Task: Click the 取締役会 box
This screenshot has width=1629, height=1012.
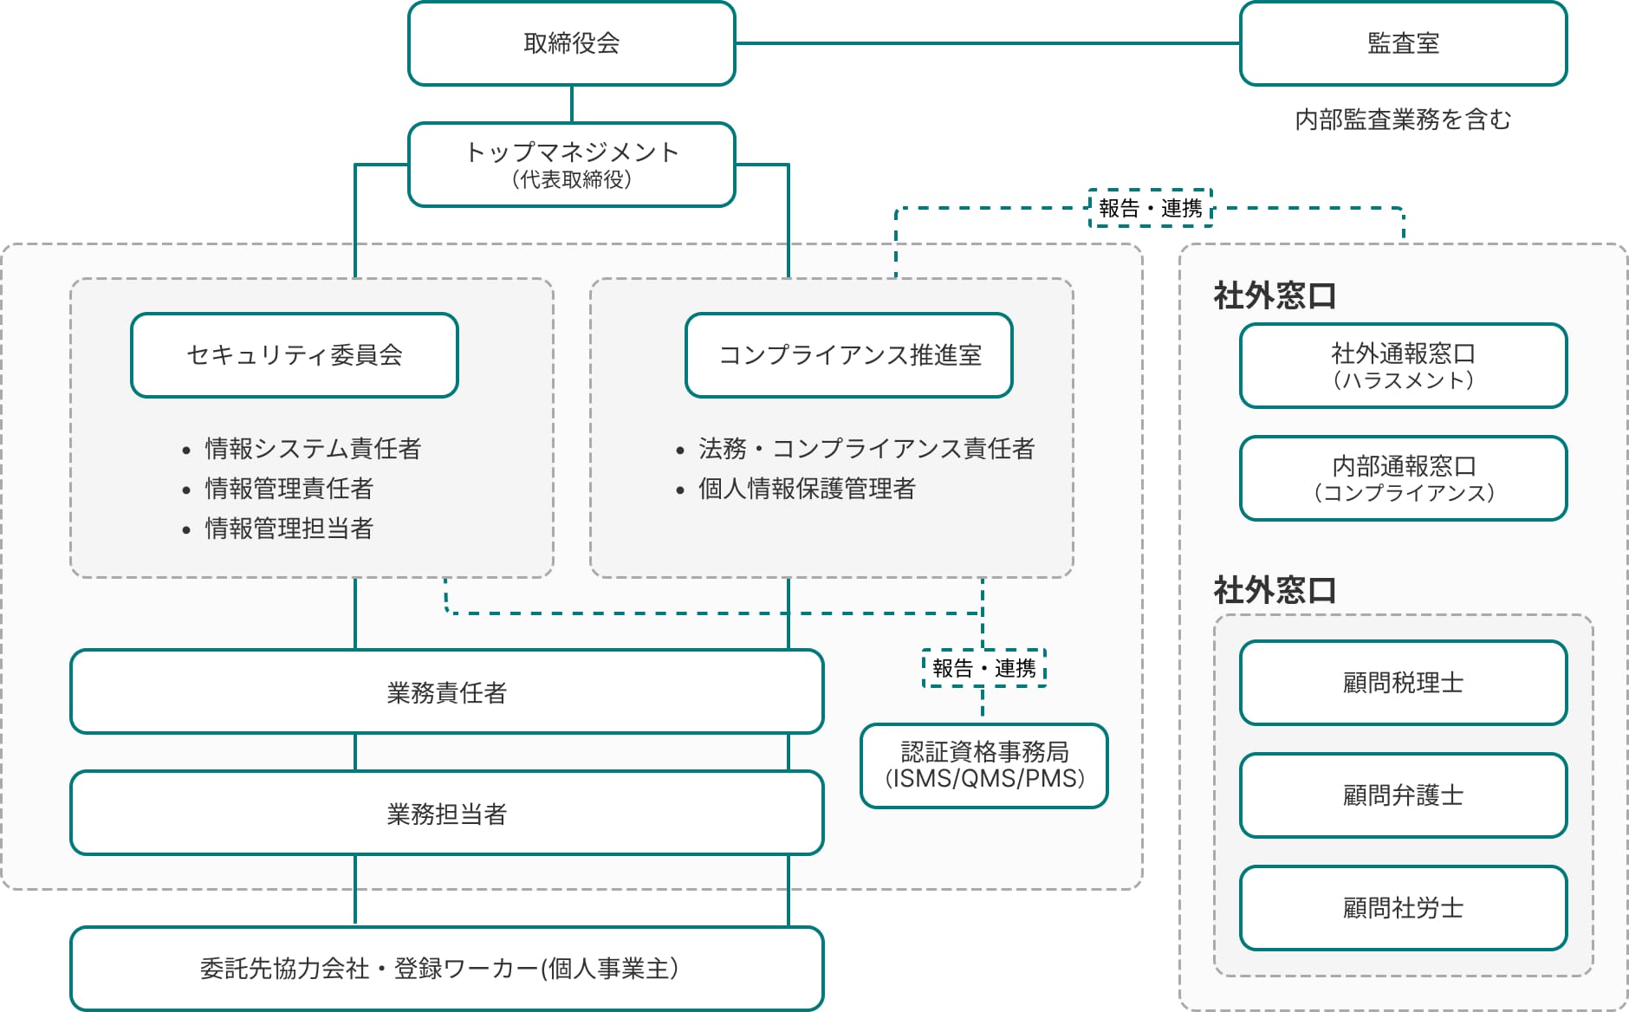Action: (x=571, y=43)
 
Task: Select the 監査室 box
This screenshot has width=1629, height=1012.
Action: (x=1402, y=43)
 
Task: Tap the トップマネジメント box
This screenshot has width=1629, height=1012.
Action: (x=571, y=165)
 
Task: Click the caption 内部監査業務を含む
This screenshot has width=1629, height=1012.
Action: (x=1402, y=120)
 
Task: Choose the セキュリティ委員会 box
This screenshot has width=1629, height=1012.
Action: (x=294, y=355)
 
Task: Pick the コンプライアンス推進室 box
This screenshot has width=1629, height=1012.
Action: (x=848, y=355)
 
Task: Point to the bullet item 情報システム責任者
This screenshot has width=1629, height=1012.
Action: (x=312, y=449)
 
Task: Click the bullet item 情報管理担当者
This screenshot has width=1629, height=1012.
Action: (x=289, y=529)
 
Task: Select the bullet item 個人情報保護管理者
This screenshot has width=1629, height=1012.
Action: (x=806, y=489)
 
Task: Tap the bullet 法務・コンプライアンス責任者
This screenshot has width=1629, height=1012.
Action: (x=866, y=449)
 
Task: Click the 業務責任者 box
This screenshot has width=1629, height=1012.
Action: (x=446, y=692)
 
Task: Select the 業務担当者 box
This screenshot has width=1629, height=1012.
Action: (x=446, y=814)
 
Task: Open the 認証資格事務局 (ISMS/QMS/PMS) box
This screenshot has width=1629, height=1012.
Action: (x=983, y=766)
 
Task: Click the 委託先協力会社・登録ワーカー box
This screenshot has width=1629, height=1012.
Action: (x=446, y=969)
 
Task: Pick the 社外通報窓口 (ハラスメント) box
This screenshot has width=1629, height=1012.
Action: (x=1402, y=367)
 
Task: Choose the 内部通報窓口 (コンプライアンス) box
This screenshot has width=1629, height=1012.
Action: (x=1402, y=479)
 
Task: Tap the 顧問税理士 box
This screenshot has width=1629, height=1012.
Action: (x=1402, y=683)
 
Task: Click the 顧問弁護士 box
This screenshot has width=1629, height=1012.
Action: (x=1402, y=795)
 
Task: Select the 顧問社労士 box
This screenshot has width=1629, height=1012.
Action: (x=1402, y=908)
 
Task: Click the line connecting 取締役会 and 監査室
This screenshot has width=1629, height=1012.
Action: (x=988, y=43)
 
